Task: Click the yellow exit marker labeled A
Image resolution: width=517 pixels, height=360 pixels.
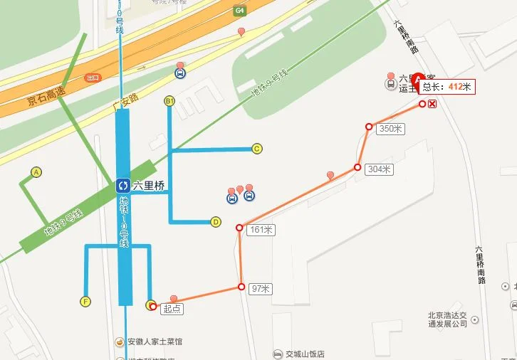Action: [36, 171]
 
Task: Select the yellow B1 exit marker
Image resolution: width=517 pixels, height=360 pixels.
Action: [169, 100]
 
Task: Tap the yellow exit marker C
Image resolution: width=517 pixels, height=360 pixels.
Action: [257, 149]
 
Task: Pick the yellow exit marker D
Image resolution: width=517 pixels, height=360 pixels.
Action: [216, 221]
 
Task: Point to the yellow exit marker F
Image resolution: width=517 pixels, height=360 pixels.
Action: [86, 302]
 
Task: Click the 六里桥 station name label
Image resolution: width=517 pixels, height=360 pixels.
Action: [149, 186]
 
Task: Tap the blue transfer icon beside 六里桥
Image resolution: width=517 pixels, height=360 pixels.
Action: [122, 186]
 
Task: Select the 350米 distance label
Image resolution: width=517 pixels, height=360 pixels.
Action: [390, 129]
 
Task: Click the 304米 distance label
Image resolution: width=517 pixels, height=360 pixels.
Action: [378, 169]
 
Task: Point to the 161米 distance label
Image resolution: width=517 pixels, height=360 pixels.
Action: [261, 230]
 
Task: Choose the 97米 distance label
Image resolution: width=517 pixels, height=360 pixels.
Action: [261, 289]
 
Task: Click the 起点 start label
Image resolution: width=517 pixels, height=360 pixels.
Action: [172, 309]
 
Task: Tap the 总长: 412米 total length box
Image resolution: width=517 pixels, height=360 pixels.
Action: [446, 87]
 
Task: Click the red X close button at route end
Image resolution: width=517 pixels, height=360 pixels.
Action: [432, 104]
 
